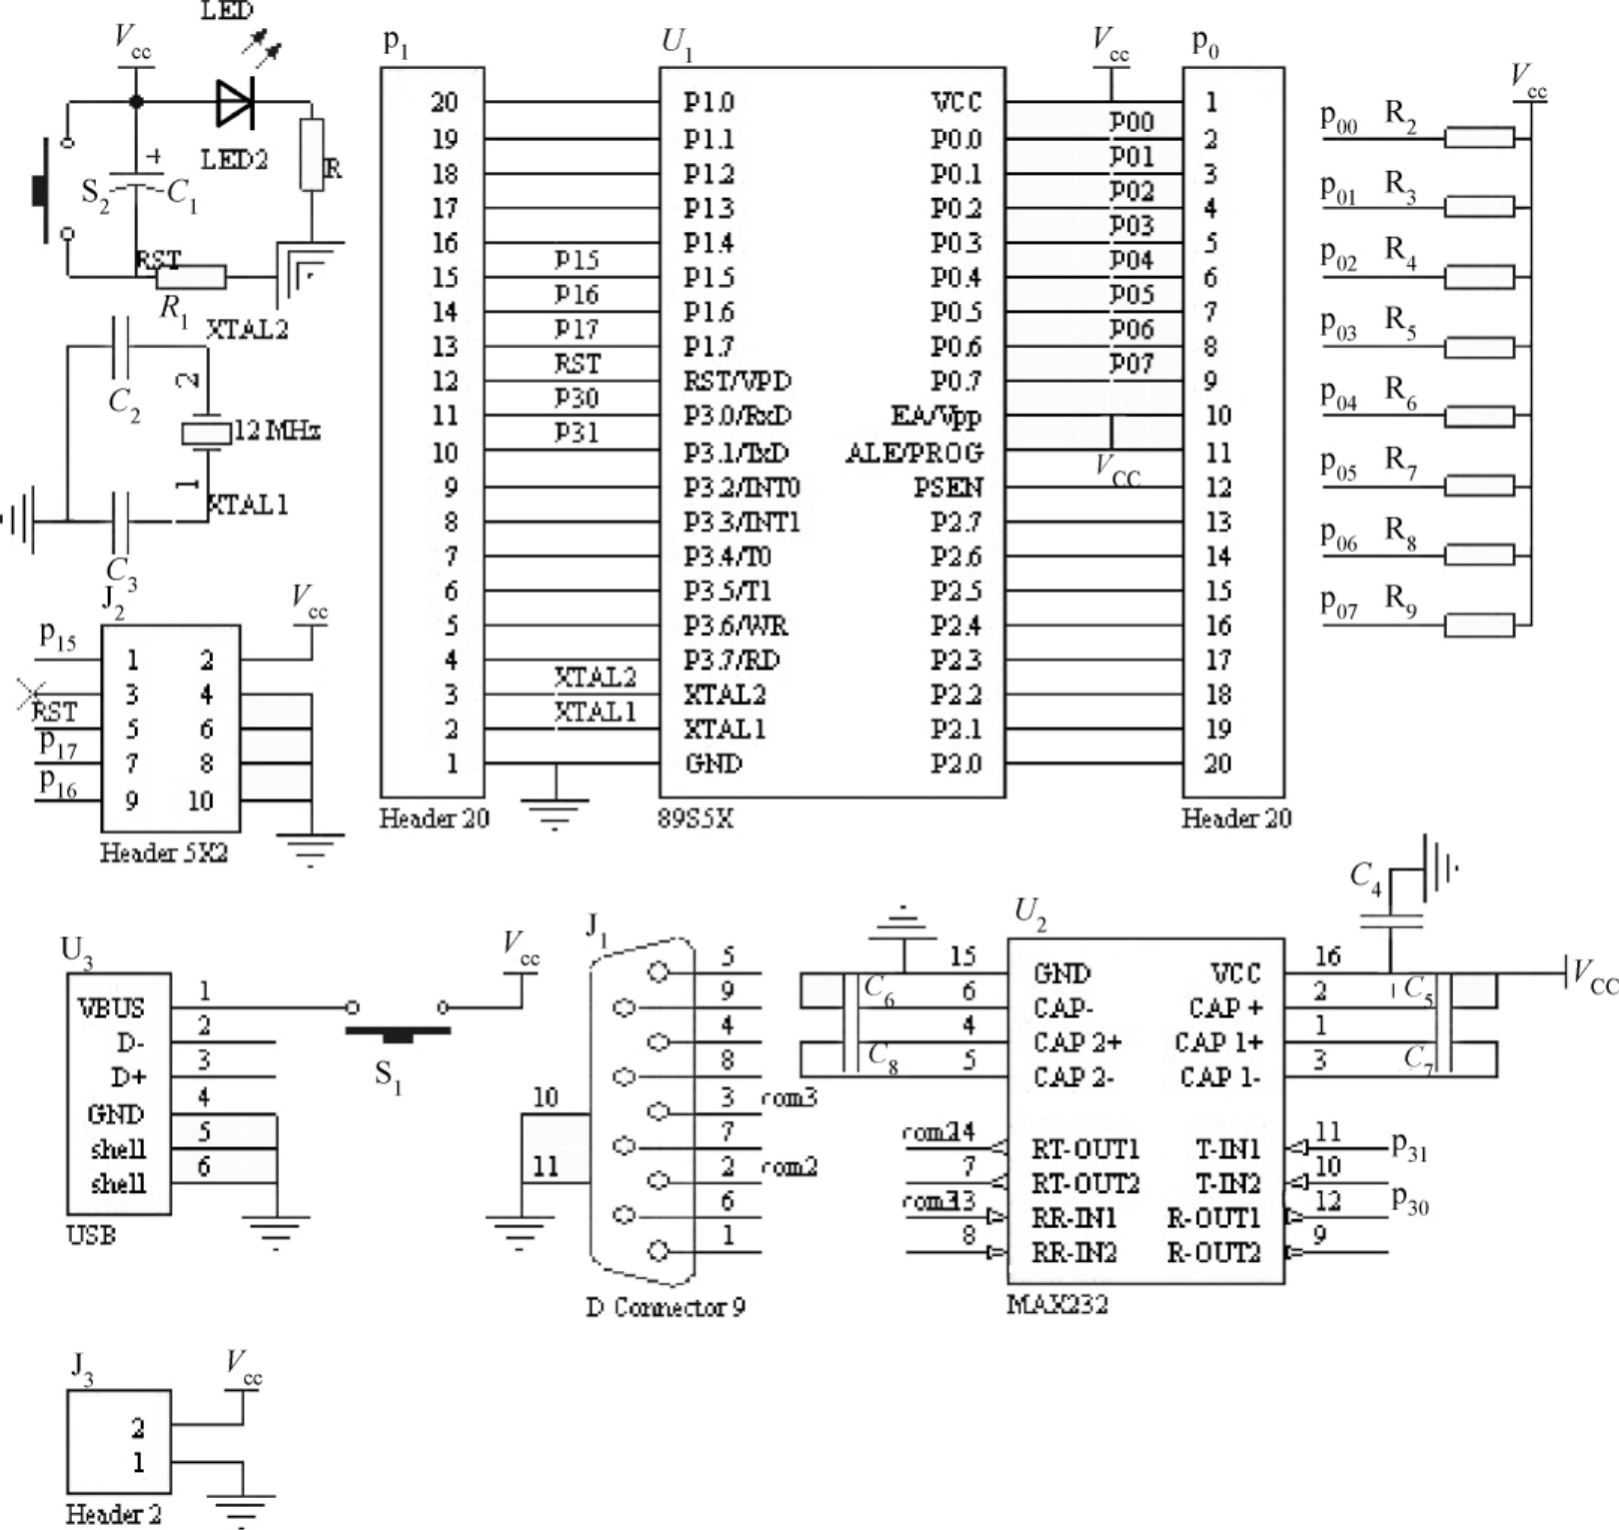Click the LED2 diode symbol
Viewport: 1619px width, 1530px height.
[x=236, y=102]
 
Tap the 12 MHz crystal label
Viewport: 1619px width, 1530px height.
[x=277, y=431]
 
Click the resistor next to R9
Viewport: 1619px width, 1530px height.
[x=1479, y=626]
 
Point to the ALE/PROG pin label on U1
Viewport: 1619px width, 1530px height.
[x=913, y=453]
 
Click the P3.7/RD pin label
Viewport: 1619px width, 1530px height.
[x=732, y=661]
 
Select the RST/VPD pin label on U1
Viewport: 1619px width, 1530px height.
[x=737, y=382]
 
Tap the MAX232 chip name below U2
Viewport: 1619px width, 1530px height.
[x=1057, y=1304]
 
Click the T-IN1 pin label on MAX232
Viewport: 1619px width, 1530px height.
[x=1227, y=1149]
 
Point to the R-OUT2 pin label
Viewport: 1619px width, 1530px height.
[x=1213, y=1253]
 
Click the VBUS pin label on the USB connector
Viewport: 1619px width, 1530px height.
[x=111, y=1007]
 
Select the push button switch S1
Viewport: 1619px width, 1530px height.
[x=397, y=1031]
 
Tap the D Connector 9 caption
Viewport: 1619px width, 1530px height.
[x=665, y=1307]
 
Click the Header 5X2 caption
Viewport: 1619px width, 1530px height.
[x=164, y=852]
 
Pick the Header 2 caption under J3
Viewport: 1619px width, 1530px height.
[x=113, y=1514]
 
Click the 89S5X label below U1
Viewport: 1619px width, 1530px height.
[x=696, y=818]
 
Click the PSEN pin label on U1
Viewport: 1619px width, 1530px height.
[x=947, y=488]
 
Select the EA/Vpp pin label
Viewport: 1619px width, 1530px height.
[x=935, y=416]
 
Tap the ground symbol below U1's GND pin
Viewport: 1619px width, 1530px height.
[x=556, y=809]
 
